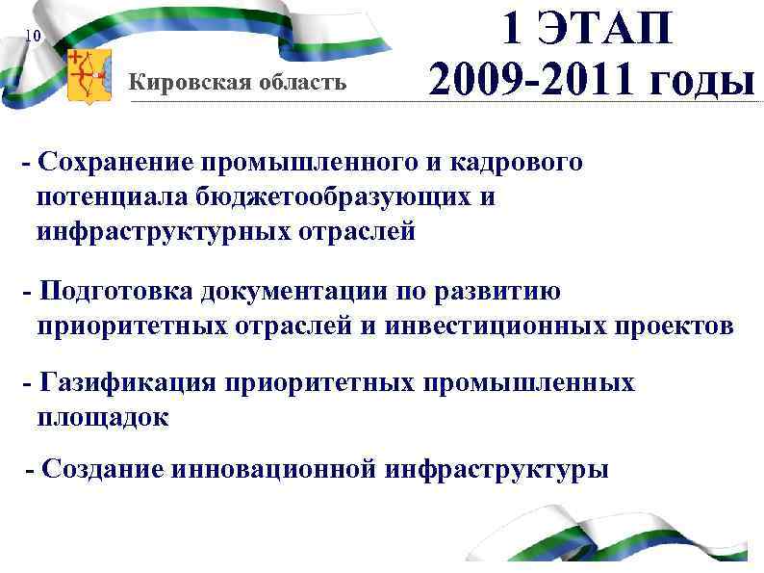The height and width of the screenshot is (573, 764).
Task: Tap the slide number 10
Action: click(32, 37)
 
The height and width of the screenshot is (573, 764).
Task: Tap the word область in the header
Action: click(297, 82)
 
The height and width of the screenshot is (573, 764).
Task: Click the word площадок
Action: click(102, 418)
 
